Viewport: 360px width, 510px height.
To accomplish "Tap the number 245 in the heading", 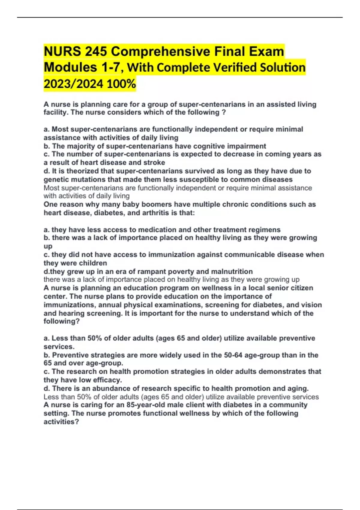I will click(x=96, y=52).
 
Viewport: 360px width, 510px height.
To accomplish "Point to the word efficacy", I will click(x=108, y=380).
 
